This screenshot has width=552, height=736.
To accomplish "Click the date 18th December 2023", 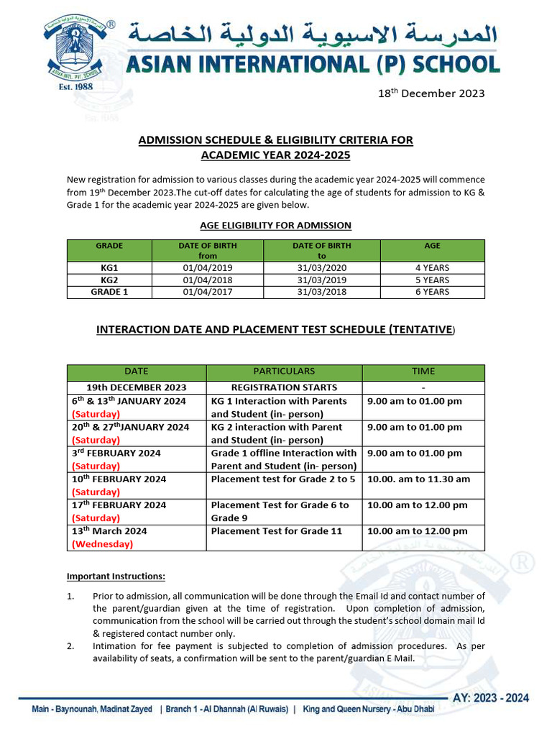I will (x=431, y=93).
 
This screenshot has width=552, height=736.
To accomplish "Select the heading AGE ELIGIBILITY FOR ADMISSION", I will (x=275, y=226).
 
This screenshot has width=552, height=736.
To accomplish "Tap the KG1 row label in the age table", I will (x=109, y=267).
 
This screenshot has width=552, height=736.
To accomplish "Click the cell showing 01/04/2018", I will (x=208, y=280).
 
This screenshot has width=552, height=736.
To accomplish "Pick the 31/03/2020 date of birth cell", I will (x=321, y=267).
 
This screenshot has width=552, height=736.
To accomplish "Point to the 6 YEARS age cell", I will (x=432, y=292).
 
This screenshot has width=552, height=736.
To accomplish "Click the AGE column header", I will (x=432, y=246).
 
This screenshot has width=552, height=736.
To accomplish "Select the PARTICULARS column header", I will (x=284, y=372).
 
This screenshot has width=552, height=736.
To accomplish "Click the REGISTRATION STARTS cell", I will (x=284, y=387).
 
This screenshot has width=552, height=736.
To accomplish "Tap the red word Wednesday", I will (x=102, y=544).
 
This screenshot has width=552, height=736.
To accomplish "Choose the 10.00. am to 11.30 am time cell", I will (x=418, y=479).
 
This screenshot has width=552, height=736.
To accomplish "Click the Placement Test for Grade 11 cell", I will (x=276, y=531).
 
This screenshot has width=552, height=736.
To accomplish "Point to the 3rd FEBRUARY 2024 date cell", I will (x=116, y=454).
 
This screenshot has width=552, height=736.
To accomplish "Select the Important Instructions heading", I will (x=116, y=576).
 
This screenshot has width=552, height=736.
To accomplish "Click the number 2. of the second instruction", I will (x=71, y=645).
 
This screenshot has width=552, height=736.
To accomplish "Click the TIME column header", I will (x=423, y=372).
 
